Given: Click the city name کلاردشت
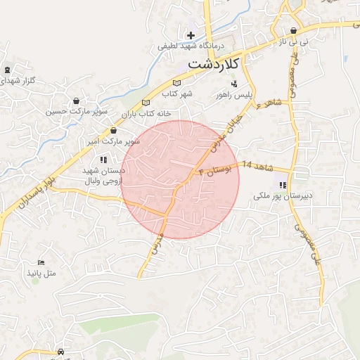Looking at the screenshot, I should (x=214, y=64).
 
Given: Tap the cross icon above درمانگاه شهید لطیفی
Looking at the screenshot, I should (x=191, y=35).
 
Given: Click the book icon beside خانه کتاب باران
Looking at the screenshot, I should (x=146, y=103).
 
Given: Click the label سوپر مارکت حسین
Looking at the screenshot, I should (x=77, y=112).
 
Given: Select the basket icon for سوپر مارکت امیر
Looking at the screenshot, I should (x=112, y=131).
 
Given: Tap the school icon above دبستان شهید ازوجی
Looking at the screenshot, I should (x=104, y=160).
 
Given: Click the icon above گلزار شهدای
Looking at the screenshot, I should (x=7, y=70).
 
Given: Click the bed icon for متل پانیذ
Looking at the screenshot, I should (x=40, y=262).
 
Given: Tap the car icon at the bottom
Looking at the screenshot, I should (x=60, y=352).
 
